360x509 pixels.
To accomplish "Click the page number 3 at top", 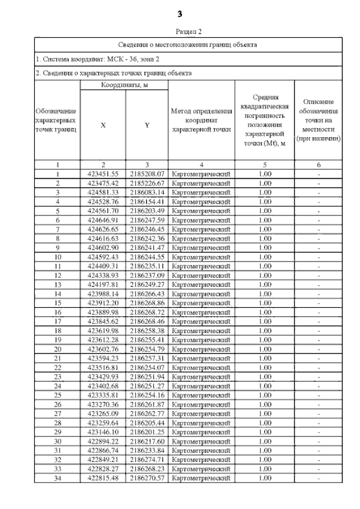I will [180, 13].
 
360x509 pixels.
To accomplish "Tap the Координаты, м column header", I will [124, 85].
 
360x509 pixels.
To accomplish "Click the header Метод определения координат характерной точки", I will [201, 120].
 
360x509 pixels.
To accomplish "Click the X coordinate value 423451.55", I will [103, 174].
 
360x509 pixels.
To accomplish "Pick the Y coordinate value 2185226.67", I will [146, 183].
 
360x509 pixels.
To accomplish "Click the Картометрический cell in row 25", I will [201, 395].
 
